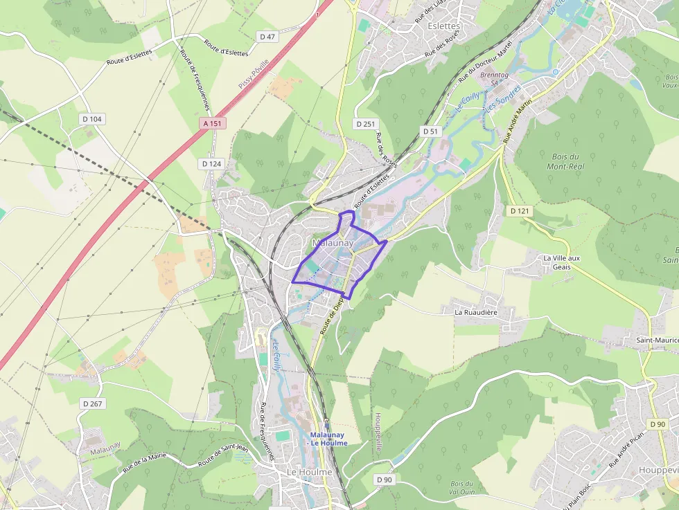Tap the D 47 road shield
(267, 36)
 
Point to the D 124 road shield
(211, 163)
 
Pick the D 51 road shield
(431, 131)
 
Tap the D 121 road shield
(519, 210)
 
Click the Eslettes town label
(444, 26)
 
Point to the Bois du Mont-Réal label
(566, 161)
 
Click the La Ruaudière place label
(476, 312)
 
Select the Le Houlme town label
(310, 472)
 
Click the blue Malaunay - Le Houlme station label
(328, 439)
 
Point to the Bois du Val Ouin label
(461, 487)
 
